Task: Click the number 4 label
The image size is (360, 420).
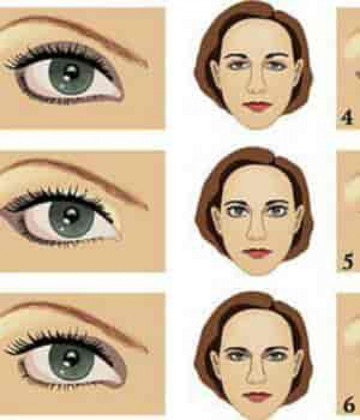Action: pyautogui.click(x=348, y=118)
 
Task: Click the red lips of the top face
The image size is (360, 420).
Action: pyautogui.click(x=256, y=106)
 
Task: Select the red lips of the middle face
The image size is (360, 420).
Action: pyautogui.click(x=256, y=253)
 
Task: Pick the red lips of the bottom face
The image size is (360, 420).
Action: pyautogui.click(x=256, y=396)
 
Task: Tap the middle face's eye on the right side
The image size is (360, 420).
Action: pyautogui.click(x=276, y=211)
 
